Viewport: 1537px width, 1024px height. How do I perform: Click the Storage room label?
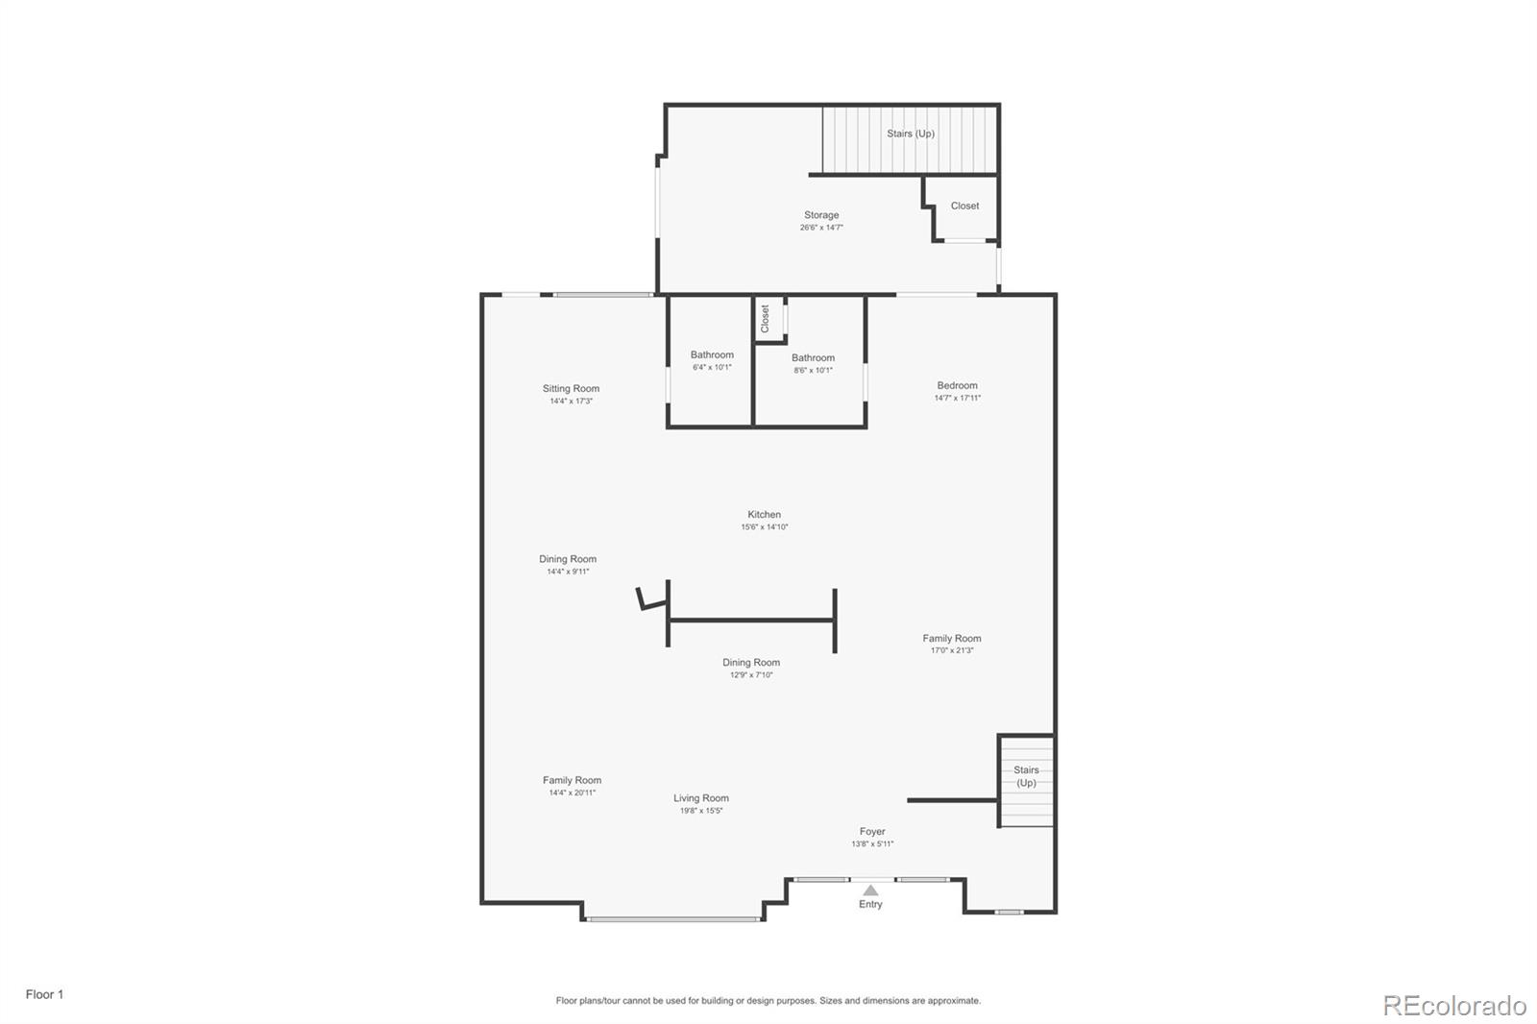pyautogui.click(x=821, y=215)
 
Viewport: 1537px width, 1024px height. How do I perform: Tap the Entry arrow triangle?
pyautogui.click(x=870, y=890)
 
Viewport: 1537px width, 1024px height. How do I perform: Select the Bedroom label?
pyautogui.click(x=957, y=385)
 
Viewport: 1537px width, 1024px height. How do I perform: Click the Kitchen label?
pyautogui.click(x=765, y=515)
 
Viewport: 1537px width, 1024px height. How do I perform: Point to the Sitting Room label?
pyautogui.click(x=571, y=389)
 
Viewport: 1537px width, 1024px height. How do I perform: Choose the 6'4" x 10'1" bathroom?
pyautogui.click(x=712, y=360)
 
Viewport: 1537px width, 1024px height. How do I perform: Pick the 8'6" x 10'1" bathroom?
pyautogui.click(x=813, y=363)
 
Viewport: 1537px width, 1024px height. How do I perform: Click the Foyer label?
pyautogui.click(x=872, y=832)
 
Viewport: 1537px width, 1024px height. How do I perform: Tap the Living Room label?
pyautogui.click(x=701, y=798)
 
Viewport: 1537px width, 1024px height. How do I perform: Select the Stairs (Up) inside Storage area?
pyautogui.click(x=911, y=134)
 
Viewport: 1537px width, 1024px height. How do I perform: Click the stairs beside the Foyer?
pyautogui.click(x=1026, y=777)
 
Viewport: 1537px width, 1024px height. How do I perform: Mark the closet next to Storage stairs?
pyautogui.click(x=964, y=206)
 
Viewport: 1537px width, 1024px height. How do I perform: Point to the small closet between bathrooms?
pyautogui.click(x=767, y=319)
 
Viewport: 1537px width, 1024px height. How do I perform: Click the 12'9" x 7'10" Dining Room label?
pyautogui.click(x=751, y=663)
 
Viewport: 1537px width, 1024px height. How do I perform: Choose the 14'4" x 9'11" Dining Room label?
pyautogui.click(x=568, y=559)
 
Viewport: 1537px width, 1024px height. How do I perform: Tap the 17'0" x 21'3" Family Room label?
pyautogui.click(x=952, y=639)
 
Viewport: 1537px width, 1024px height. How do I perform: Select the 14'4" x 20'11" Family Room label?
pyautogui.click(x=572, y=781)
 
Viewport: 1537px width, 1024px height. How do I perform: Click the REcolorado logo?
pyautogui.click(x=1453, y=1006)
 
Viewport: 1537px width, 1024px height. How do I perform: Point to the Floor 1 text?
pyautogui.click(x=44, y=994)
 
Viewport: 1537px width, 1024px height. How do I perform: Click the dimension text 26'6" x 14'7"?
pyautogui.click(x=821, y=228)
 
